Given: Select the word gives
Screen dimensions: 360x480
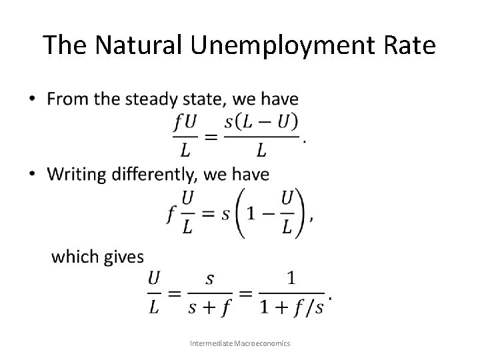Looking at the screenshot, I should (x=123, y=257).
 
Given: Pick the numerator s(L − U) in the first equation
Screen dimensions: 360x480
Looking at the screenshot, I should (x=261, y=123).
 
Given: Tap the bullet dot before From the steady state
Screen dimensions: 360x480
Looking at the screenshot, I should (x=33, y=100).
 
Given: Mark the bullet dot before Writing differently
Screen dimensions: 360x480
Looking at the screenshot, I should (x=33, y=175).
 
